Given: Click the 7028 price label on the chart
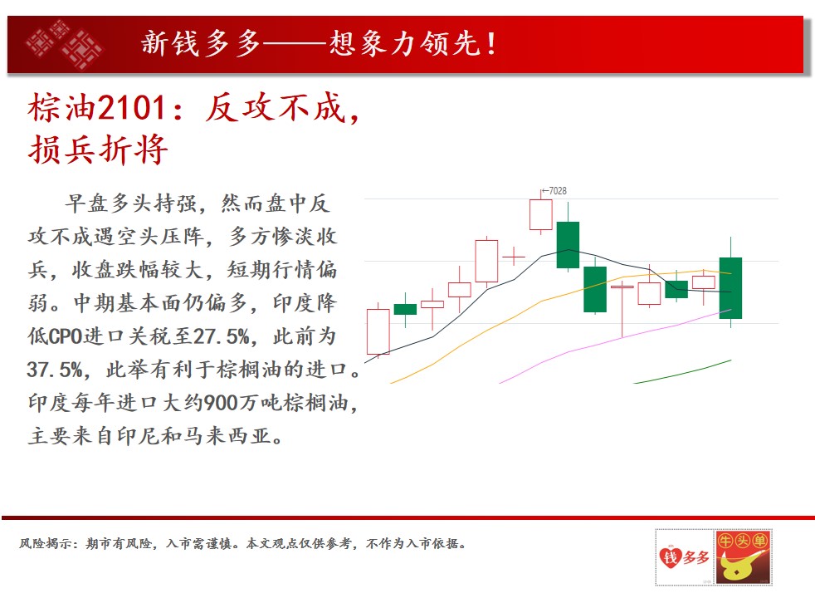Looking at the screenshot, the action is pyautogui.click(x=557, y=191).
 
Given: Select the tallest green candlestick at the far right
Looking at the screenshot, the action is pyautogui.click(x=731, y=288).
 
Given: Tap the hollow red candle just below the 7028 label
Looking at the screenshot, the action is pyautogui.click(x=540, y=214).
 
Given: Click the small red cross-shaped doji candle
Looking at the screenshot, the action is pyautogui.click(x=514, y=257).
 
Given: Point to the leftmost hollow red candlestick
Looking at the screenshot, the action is pyautogui.click(x=378, y=331).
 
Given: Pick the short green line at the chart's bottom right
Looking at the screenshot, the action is pyautogui.click(x=682, y=372).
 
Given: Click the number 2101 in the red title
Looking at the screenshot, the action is pyautogui.click(x=131, y=108).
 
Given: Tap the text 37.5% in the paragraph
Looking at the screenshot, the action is pyautogui.click(x=55, y=370).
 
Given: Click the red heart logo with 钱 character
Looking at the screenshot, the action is pyautogui.click(x=671, y=557).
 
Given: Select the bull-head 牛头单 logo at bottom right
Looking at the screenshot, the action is pyautogui.click(x=743, y=557).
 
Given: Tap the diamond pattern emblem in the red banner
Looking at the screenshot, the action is pyautogui.click(x=64, y=44).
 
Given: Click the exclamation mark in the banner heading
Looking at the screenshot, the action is pyautogui.click(x=490, y=44).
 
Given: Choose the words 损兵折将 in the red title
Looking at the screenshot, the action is pyautogui.click(x=98, y=149).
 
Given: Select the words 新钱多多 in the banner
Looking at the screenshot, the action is pyautogui.click(x=201, y=43).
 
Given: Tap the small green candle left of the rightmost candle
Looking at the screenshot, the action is pyautogui.click(x=676, y=288).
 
